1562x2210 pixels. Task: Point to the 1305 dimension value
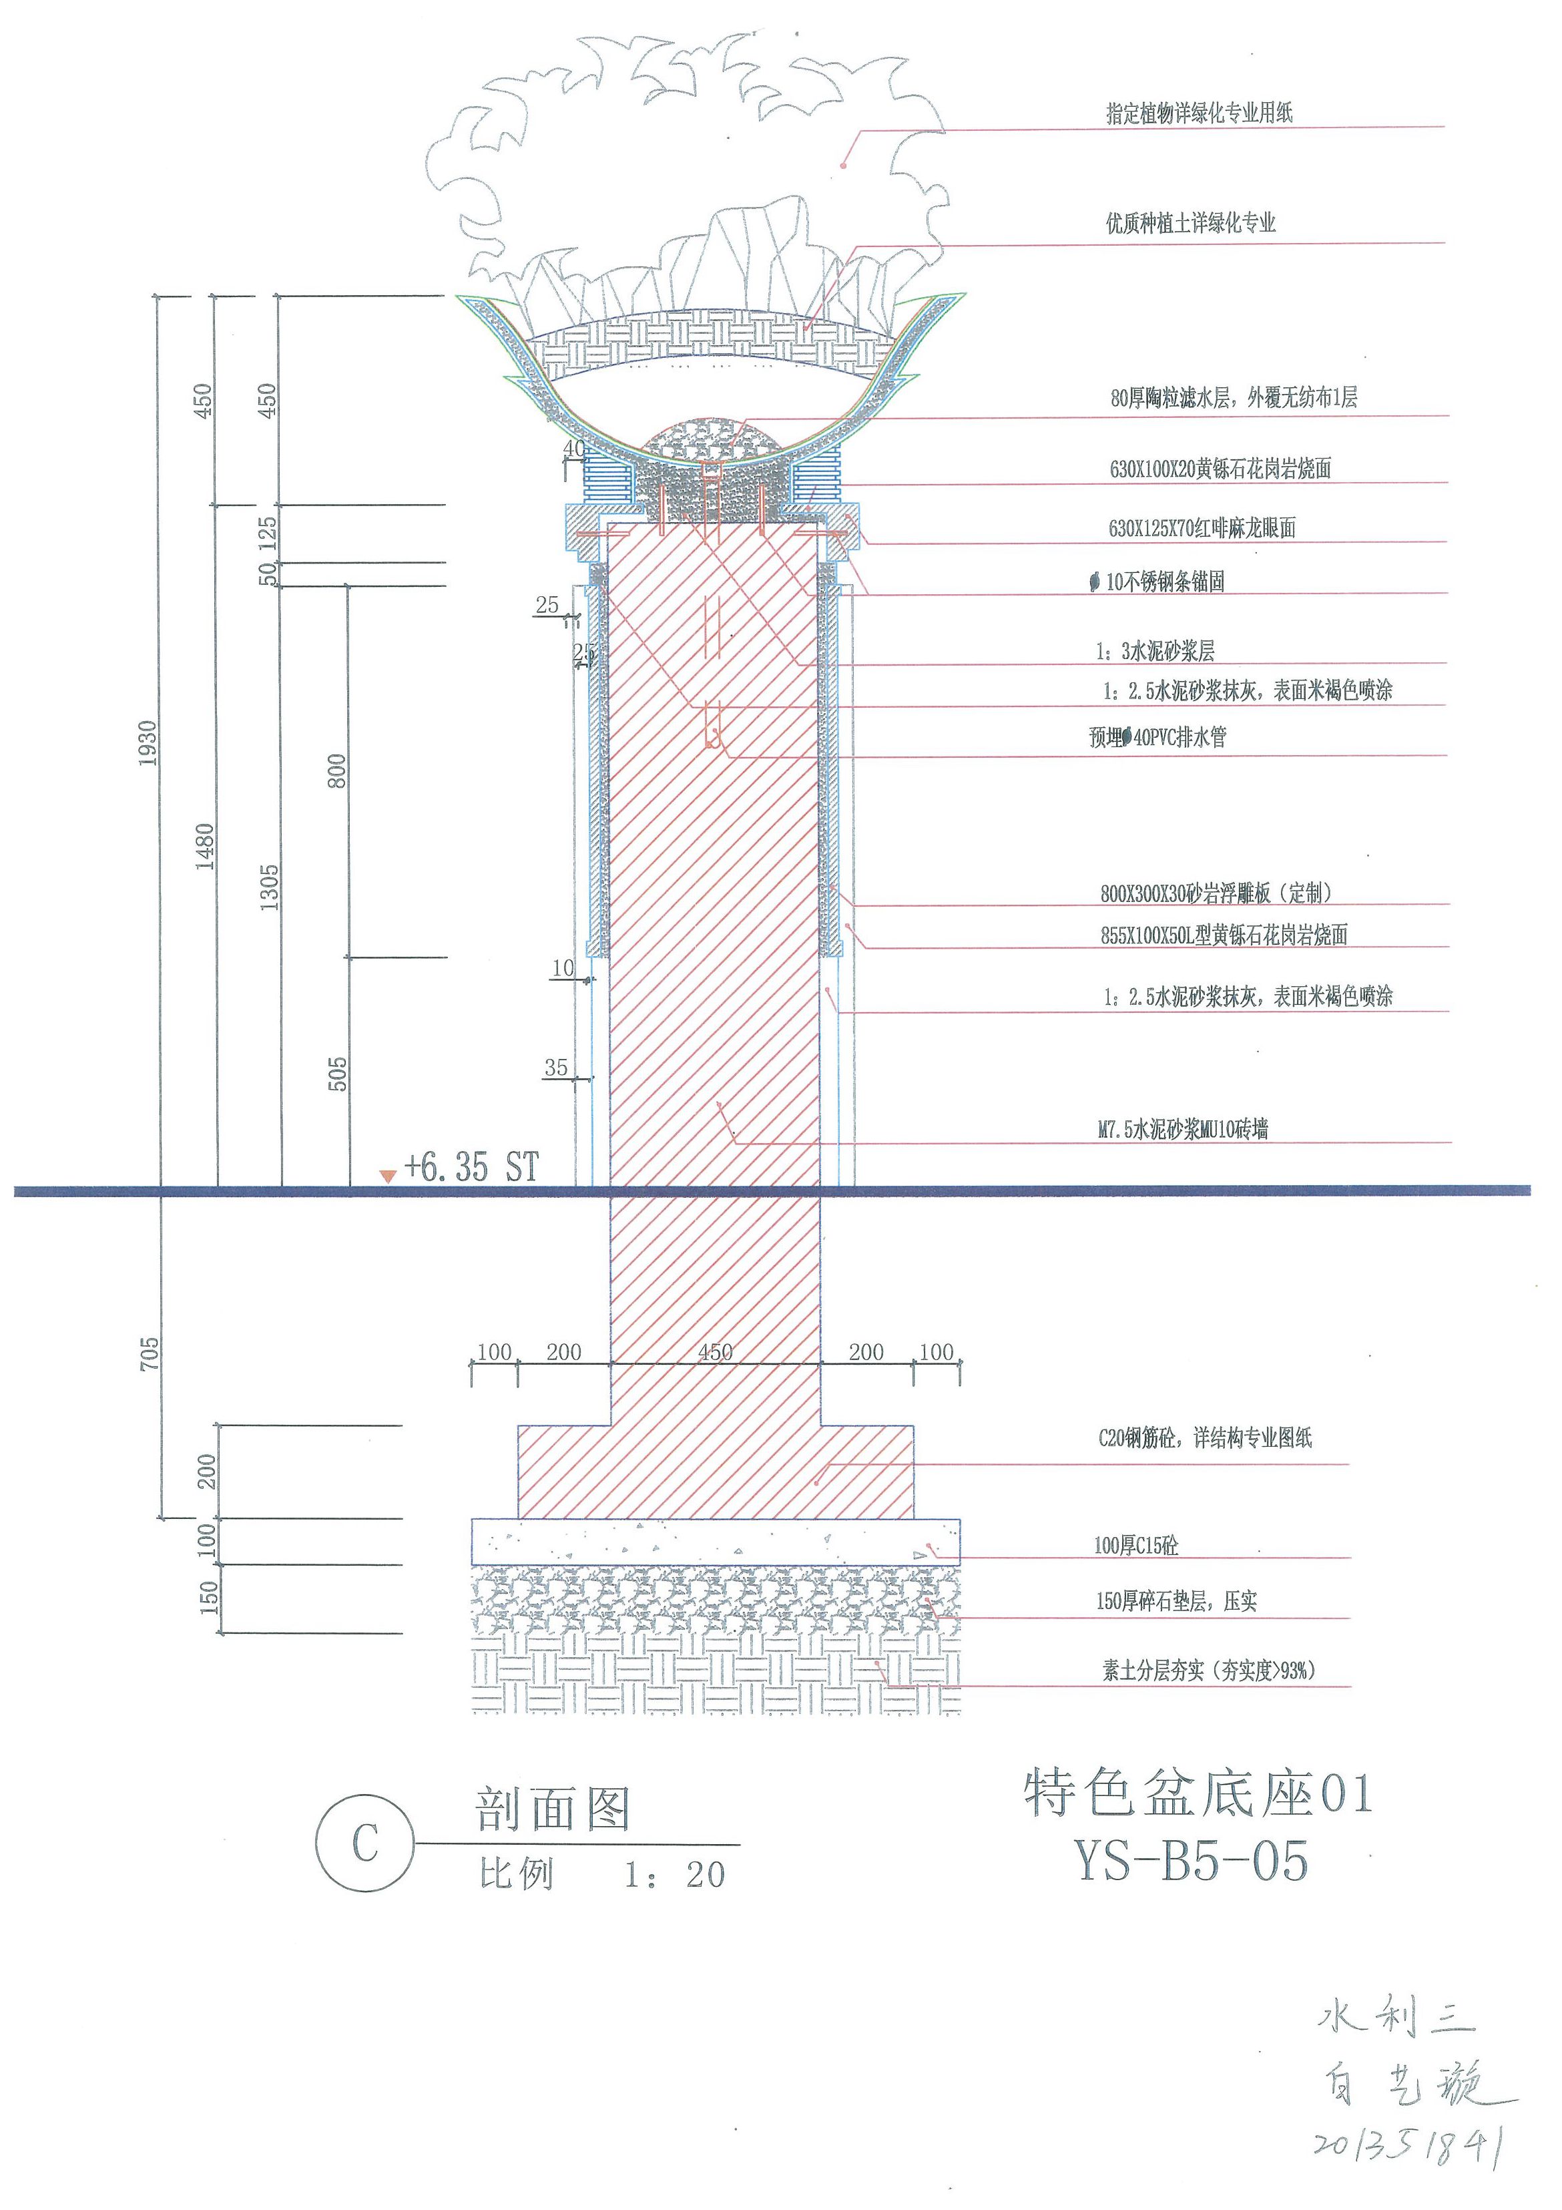pyautogui.click(x=270, y=887)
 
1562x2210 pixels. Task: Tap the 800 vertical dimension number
pyautogui.click(x=337, y=771)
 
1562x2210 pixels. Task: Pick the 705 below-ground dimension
pyautogui.click(x=149, y=1353)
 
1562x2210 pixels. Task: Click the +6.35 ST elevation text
pyautogui.click(x=471, y=1168)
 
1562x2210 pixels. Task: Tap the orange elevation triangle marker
pyautogui.click(x=387, y=1175)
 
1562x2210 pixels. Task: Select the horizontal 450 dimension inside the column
pyautogui.click(x=715, y=1351)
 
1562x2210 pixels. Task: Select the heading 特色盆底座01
pyautogui.click(x=1198, y=1794)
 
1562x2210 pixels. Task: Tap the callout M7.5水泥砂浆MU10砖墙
pyautogui.click(x=1183, y=1129)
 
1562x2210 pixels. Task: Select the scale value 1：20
pyautogui.click(x=674, y=1874)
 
